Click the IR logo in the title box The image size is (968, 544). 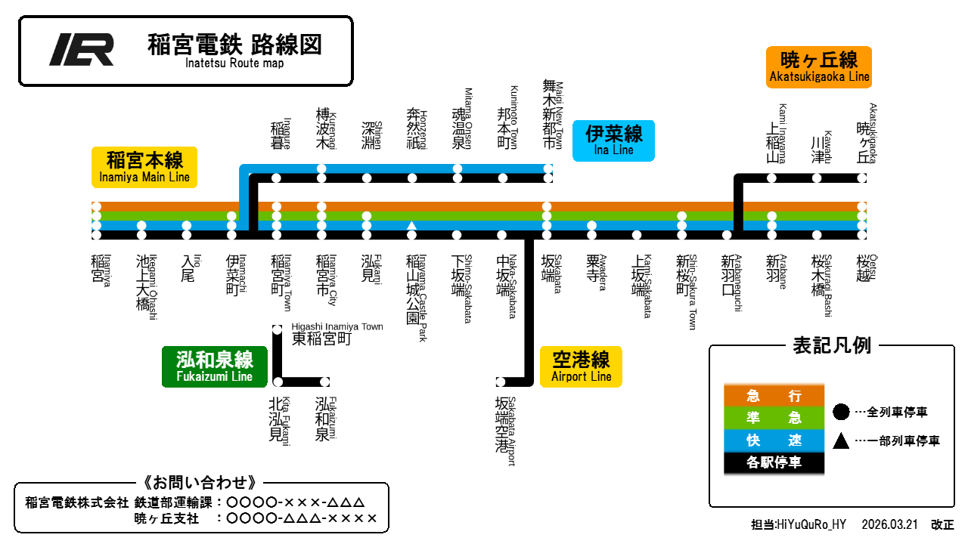pyautogui.click(x=81, y=49)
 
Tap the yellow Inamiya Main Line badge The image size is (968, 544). pyautogui.click(x=144, y=167)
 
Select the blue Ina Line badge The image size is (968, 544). pyautogui.click(x=613, y=141)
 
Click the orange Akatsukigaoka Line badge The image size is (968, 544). pyautogui.click(x=819, y=67)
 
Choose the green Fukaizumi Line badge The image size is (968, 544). pyautogui.click(x=214, y=366)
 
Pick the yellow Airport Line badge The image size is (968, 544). pyautogui.click(x=581, y=366)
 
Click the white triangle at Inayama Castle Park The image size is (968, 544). pyautogui.click(x=412, y=225)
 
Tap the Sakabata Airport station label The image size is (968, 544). pyautogui.click(x=505, y=431)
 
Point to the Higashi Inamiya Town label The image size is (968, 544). pyautogui.click(x=337, y=334)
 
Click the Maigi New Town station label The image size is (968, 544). pyautogui.click(x=553, y=114)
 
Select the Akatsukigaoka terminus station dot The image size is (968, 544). pyautogui.click(x=861, y=178)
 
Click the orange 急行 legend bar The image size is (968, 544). pyautogui.click(x=774, y=395)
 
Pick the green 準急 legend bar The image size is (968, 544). pyautogui.click(x=774, y=418)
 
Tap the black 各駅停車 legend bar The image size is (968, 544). pyautogui.click(x=774, y=463)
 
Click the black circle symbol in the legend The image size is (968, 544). pyautogui.click(x=841, y=412)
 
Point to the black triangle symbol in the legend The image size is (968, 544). pyautogui.click(x=841, y=440)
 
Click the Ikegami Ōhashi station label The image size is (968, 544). pyautogui.click(x=147, y=287)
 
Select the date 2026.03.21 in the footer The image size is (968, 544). pyautogui.click(x=889, y=524)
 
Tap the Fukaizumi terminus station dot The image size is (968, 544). pyautogui.click(x=325, y=382)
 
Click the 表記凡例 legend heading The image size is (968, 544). pyautogui.click(x=832, y=346)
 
